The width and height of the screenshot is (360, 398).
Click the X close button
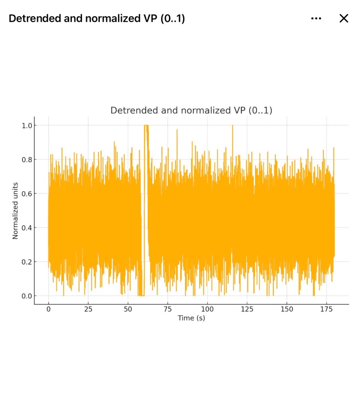pyautogui.click(x=344, y=18)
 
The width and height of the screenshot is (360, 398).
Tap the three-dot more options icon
pyautogui.click(x=316, y=18)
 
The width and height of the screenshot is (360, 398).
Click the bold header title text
pyautogui.click(x=96, y=18)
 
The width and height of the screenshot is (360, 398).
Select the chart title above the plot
pyautogui.click(x=191, y=110)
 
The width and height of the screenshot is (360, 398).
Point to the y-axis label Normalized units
pyautogui.click(x=16, y=210)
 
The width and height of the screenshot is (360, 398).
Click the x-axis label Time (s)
pyautogui.click(x=191, y=318)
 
